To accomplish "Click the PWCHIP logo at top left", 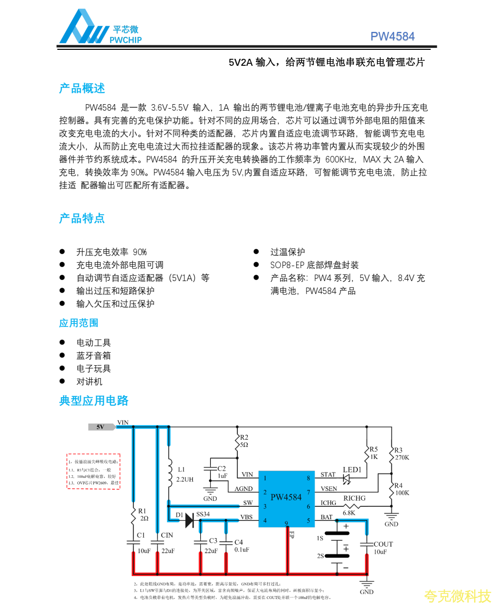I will (100, 28).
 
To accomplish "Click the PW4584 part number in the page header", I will (392, 36).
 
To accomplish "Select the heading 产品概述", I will (82, 89).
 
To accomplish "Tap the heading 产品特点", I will (82, 218).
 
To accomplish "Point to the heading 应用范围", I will (79, 323).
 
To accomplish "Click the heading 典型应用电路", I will (94, 401).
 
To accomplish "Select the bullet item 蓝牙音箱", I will (93, 355).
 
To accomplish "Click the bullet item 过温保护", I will (288, 252).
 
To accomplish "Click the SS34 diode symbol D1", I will (189, 520).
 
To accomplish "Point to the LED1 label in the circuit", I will (352, 470).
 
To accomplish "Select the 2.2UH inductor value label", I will (185, 479).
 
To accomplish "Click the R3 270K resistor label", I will (401, 454).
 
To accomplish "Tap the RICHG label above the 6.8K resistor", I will (354, 498).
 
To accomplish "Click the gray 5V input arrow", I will (101, 427).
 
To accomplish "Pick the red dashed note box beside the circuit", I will (94, 471).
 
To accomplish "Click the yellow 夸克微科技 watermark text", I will (457, 596).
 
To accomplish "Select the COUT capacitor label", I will (383, 544).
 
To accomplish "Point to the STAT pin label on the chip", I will (328, 475).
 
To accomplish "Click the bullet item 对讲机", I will (89, 381).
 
